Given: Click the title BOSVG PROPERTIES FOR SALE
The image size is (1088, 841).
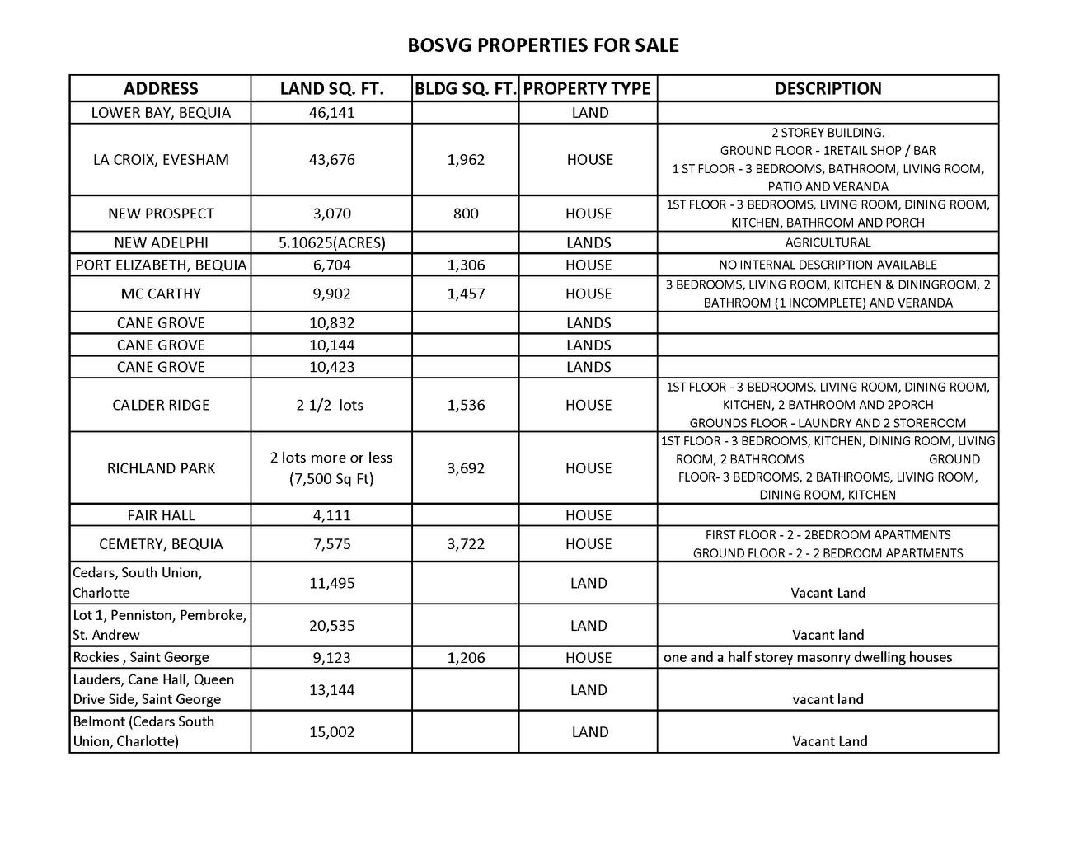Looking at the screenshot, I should pyautogui.click(x=543, y=45).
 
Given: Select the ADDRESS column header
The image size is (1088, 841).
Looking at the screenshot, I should pyautogui.click(x=161, y=88).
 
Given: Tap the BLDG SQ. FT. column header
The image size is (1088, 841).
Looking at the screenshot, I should pyautogui.click(x=466, y=88).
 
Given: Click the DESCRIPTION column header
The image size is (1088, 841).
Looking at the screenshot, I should pyautogui.click(x=828, y=88).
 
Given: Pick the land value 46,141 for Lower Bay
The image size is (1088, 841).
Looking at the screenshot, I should pyautogui.click(x=331, y=113).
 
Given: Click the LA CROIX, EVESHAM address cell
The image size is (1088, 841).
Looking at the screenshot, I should pyautogui.click(x=161, y=160).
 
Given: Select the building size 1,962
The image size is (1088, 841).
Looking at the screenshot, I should pyautogui.click(x=466, y=160).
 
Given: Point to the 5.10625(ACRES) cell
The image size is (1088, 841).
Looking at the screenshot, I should pyautogui.click(x=331, y=242).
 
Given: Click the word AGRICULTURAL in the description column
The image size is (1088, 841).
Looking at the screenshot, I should pyautogui.click(x=828, y=242).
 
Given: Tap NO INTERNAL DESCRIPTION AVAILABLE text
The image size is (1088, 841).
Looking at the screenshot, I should pyautogui.click(x=828, y=265).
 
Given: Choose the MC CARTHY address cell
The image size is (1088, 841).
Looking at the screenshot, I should pyautogui.click(x=161, y=294).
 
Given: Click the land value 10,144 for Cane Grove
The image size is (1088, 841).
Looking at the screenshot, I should pyautogui.click(x=331, y=345).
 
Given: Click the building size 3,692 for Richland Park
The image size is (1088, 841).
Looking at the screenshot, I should pyautogui.click(x=466, y=468).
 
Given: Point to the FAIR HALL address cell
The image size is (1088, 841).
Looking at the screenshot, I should pyautogui.click(x=161, y=515).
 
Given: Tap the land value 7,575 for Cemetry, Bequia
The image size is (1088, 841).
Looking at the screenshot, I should pyautogui.click(x=331, y=544).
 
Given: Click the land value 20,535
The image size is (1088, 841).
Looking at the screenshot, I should pyautogui.click(x=331, y=626).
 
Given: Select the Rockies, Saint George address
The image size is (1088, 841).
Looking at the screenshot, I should pyautogui.click(x=141, y=657).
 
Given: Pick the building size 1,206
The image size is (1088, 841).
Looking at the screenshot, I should pyautogui.click(x=466, y=658).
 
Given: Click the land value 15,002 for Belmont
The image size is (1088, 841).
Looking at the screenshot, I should pyautogui.click(x=331, y=732).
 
